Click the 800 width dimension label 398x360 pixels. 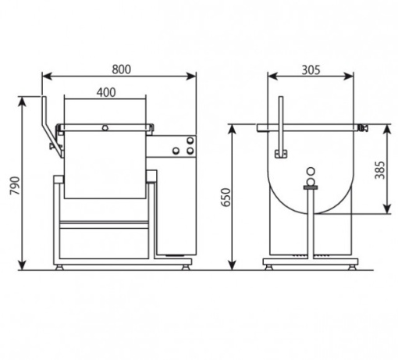(x=121, y=70)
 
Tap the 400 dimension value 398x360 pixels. (x=106, y=92)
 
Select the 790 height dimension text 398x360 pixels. (x=15, y=185)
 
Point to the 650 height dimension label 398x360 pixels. (x=226, y=197)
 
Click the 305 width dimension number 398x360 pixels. (x=311, y=70)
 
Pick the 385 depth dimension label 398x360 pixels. (x=380, y=170)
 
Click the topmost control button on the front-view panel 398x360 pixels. (x=190, y=141)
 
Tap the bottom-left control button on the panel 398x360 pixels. (x=176, y=151)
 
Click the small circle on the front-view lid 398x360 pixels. (x=105, y=127)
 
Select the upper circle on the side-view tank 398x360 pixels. (x=311, y=171)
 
